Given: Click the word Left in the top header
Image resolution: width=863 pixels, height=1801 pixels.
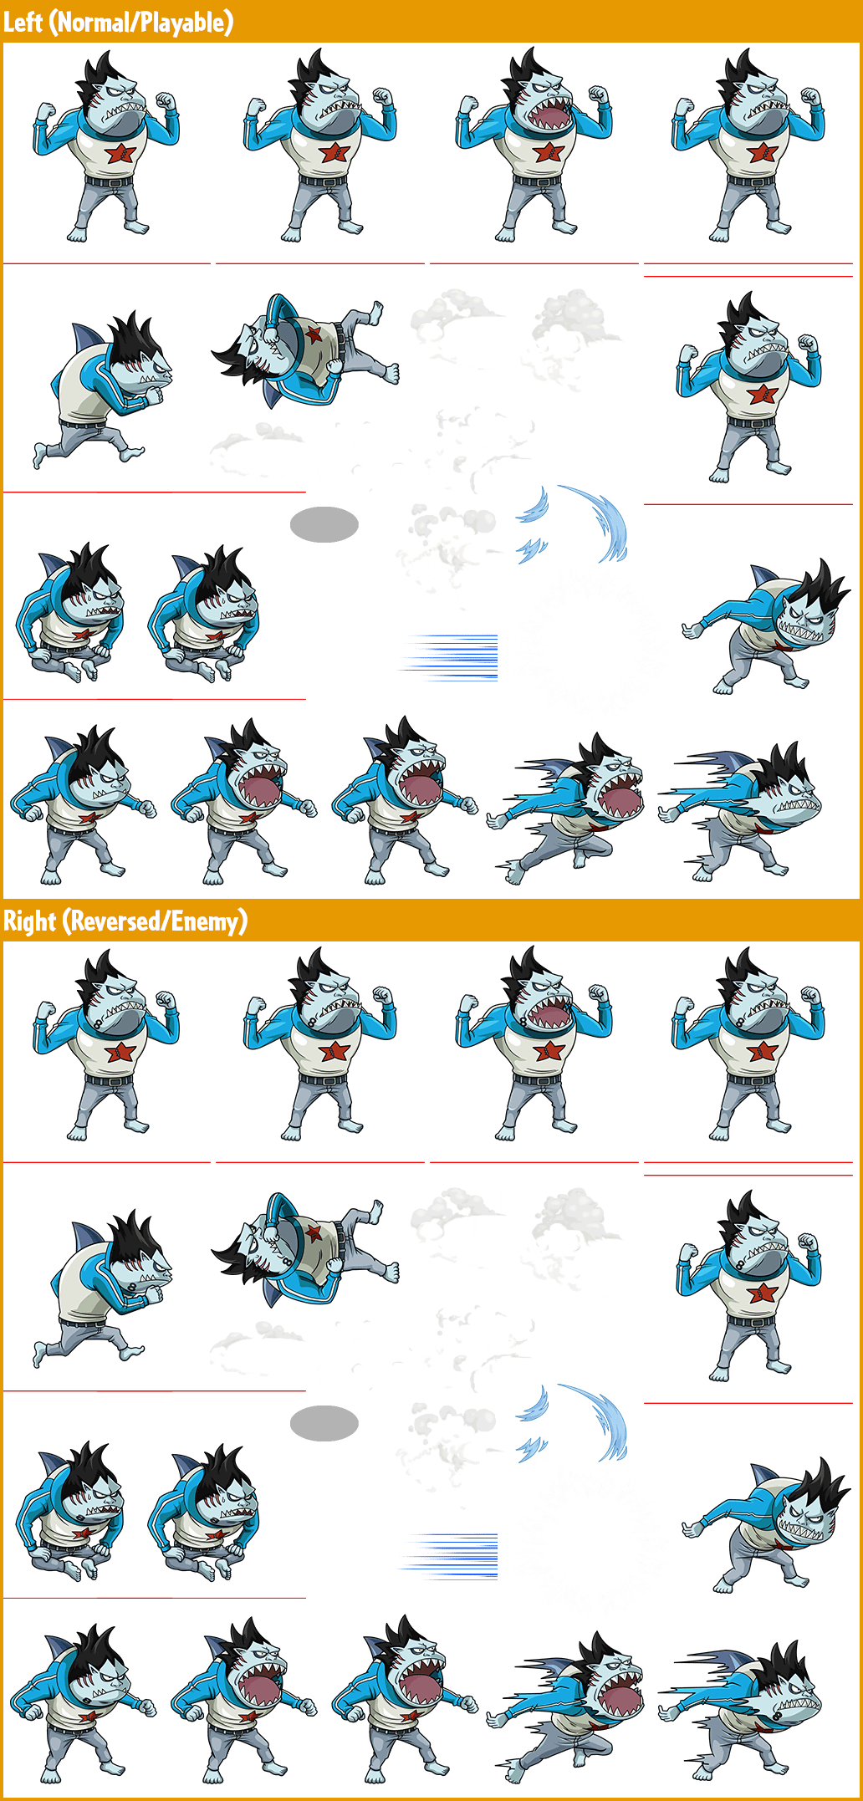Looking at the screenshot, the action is pos(23,22).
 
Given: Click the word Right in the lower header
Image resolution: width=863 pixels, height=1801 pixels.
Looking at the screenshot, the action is pos(30,921).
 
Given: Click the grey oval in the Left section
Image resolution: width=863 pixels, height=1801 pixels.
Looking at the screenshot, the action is pos(324,524).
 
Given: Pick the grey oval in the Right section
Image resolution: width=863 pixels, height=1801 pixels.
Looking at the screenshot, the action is pos(324,1423).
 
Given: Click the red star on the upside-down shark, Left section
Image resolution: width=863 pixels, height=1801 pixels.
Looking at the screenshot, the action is pos(314,334).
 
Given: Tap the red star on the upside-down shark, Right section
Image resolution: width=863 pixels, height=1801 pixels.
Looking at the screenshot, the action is pos(314,1233).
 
